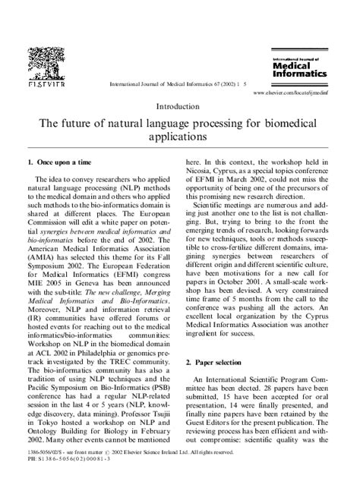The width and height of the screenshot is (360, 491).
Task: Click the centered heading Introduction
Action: [180, 107]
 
